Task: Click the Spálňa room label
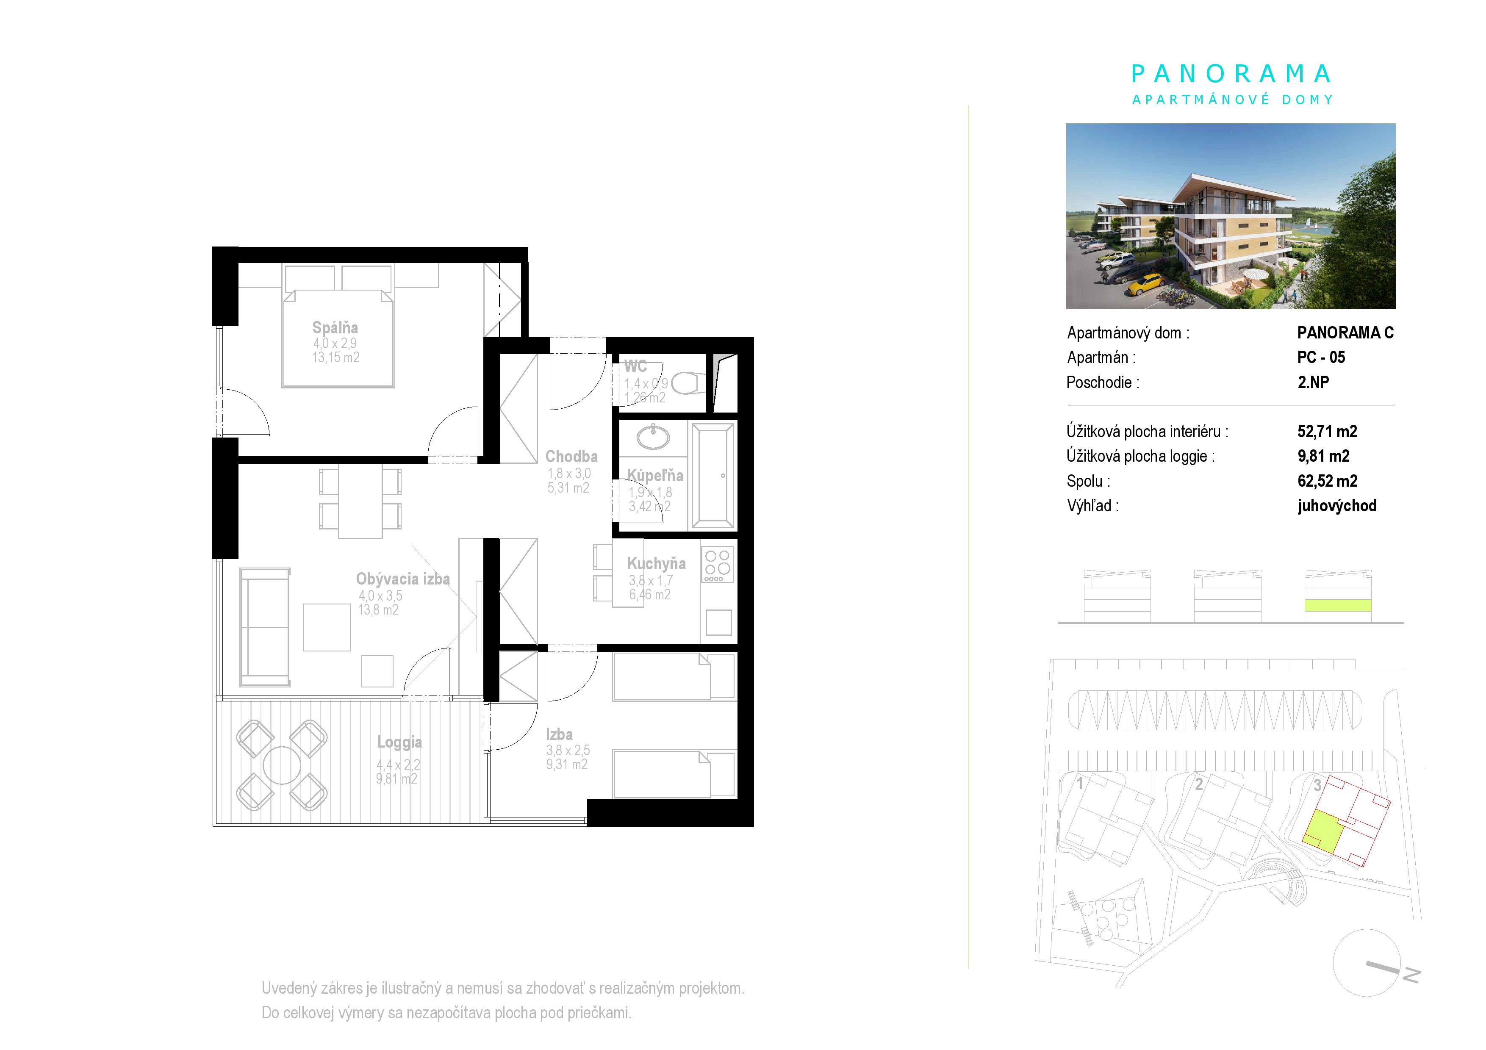tap(335, 327)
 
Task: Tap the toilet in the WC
tap(686, 384)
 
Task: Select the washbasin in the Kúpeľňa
tap(654, 438)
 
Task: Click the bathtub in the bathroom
tap(713, 476)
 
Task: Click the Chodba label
tap(571, 456)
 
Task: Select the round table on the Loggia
tap(282, 765)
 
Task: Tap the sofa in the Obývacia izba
tap(265, 627)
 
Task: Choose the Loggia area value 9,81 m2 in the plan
tap(397, 779)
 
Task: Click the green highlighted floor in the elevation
tap(1337, 606)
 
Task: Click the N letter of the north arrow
tap(1411, 975)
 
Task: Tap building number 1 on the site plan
tap(1079, 784)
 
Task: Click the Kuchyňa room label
tap(656, 563)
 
